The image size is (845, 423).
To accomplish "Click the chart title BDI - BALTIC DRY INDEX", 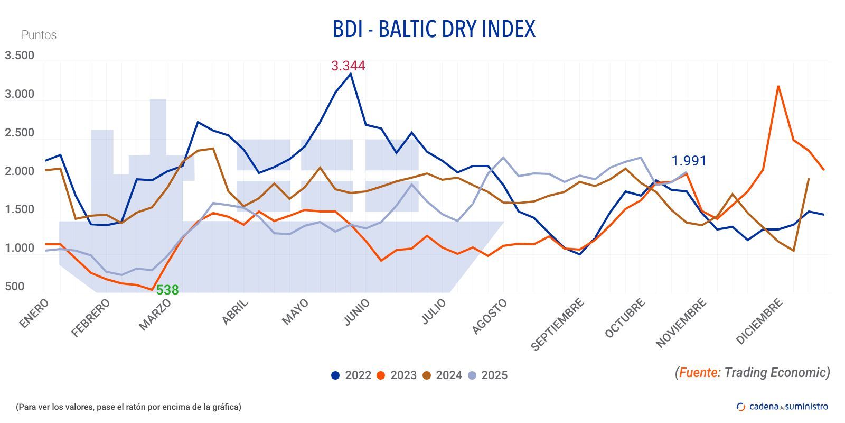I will point(434,29).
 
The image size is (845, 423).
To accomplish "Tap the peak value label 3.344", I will point(348,66).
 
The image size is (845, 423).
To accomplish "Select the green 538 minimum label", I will point(167,290).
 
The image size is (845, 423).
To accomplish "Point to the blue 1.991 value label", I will point(688,161).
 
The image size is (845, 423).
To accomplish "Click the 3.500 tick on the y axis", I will point(20,56).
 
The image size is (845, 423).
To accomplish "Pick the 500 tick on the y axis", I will point(15,287).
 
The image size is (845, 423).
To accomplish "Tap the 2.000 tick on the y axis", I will point(20,171).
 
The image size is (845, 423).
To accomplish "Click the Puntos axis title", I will point(39,35).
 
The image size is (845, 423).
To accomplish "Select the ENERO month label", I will point(34,313).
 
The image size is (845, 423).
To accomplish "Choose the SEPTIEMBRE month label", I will point(557,324).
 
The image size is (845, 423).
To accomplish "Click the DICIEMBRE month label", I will point(758,321).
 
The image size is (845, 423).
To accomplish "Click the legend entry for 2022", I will point(351,375).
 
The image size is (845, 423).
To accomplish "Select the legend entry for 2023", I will point(397,375).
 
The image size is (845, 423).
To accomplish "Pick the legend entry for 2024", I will point(442,375).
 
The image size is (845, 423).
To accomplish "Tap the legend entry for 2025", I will point(487,375).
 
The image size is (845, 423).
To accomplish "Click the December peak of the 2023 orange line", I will point(778,86).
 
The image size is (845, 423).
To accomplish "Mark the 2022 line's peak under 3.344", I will point(351,74).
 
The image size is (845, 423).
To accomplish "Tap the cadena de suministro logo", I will point(782,406).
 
